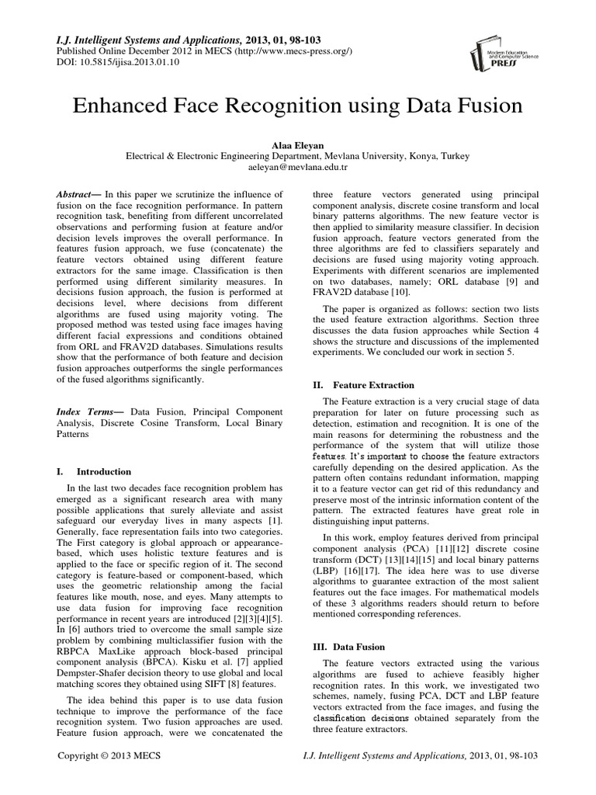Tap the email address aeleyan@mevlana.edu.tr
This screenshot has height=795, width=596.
(297, 167)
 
